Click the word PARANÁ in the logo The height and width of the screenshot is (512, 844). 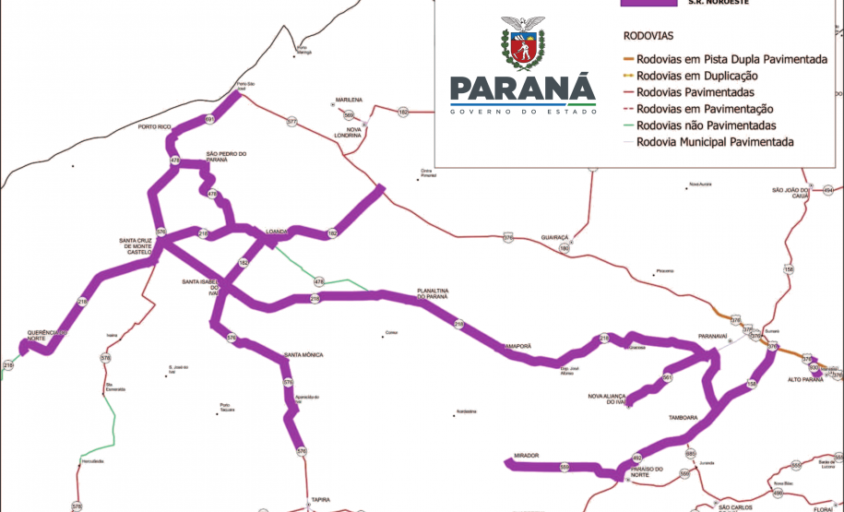[522, 91]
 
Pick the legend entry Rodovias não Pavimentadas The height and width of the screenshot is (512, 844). [707, 125]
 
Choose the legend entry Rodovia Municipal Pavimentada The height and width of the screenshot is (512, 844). [715, 142]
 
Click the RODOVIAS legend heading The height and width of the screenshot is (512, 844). [648, 36]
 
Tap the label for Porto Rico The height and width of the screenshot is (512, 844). [155, 126]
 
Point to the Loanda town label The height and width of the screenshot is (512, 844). [278, 232]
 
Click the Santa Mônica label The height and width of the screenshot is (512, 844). [303, 355]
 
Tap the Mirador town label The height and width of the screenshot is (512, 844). [522, 456]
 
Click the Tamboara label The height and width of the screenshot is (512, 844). [683, 417]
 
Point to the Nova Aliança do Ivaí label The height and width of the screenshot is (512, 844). [608, 399]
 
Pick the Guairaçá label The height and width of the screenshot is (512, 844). [556, 236]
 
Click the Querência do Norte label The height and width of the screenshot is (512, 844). [49, 336]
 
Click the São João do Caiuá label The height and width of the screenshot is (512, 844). [791, 194]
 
